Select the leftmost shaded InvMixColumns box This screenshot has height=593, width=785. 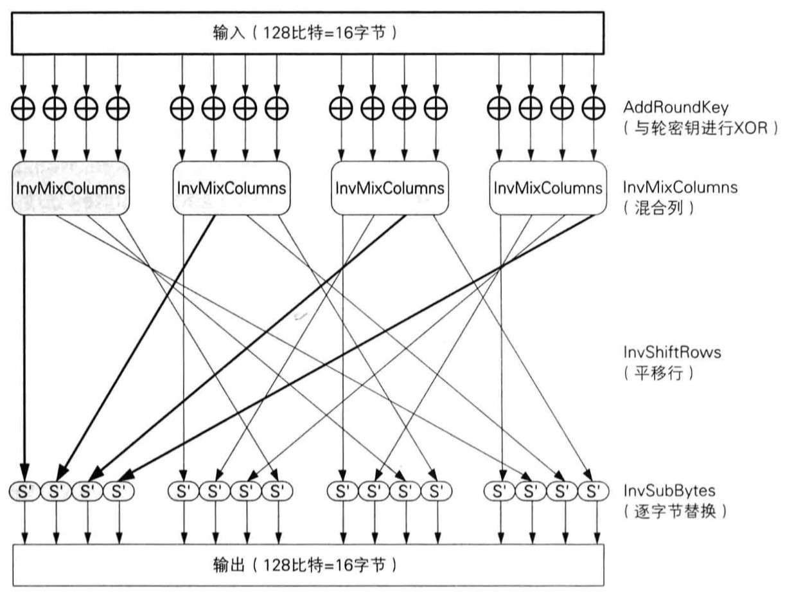71,188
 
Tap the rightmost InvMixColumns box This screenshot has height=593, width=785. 548,188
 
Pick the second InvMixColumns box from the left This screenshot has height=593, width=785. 231,188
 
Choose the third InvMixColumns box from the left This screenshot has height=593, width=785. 389,188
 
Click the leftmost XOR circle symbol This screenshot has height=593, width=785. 24,107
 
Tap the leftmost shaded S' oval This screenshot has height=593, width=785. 24,493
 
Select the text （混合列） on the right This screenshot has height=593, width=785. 658,209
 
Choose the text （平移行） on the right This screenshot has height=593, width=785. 658,374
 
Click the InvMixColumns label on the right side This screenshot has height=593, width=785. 680,188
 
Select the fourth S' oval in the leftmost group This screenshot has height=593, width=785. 119,493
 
